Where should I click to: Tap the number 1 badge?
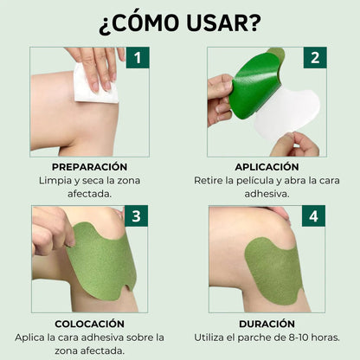point(137,59)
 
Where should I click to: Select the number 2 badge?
point(314,59)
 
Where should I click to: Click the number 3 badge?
point(137,216)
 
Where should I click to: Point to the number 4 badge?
point(314,216)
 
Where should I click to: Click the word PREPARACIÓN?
point(89,166)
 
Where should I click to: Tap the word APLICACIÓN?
point(267,166)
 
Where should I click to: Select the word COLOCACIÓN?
point(89,325)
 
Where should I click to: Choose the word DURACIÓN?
point(267,325)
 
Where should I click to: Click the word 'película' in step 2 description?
point(262,181)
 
